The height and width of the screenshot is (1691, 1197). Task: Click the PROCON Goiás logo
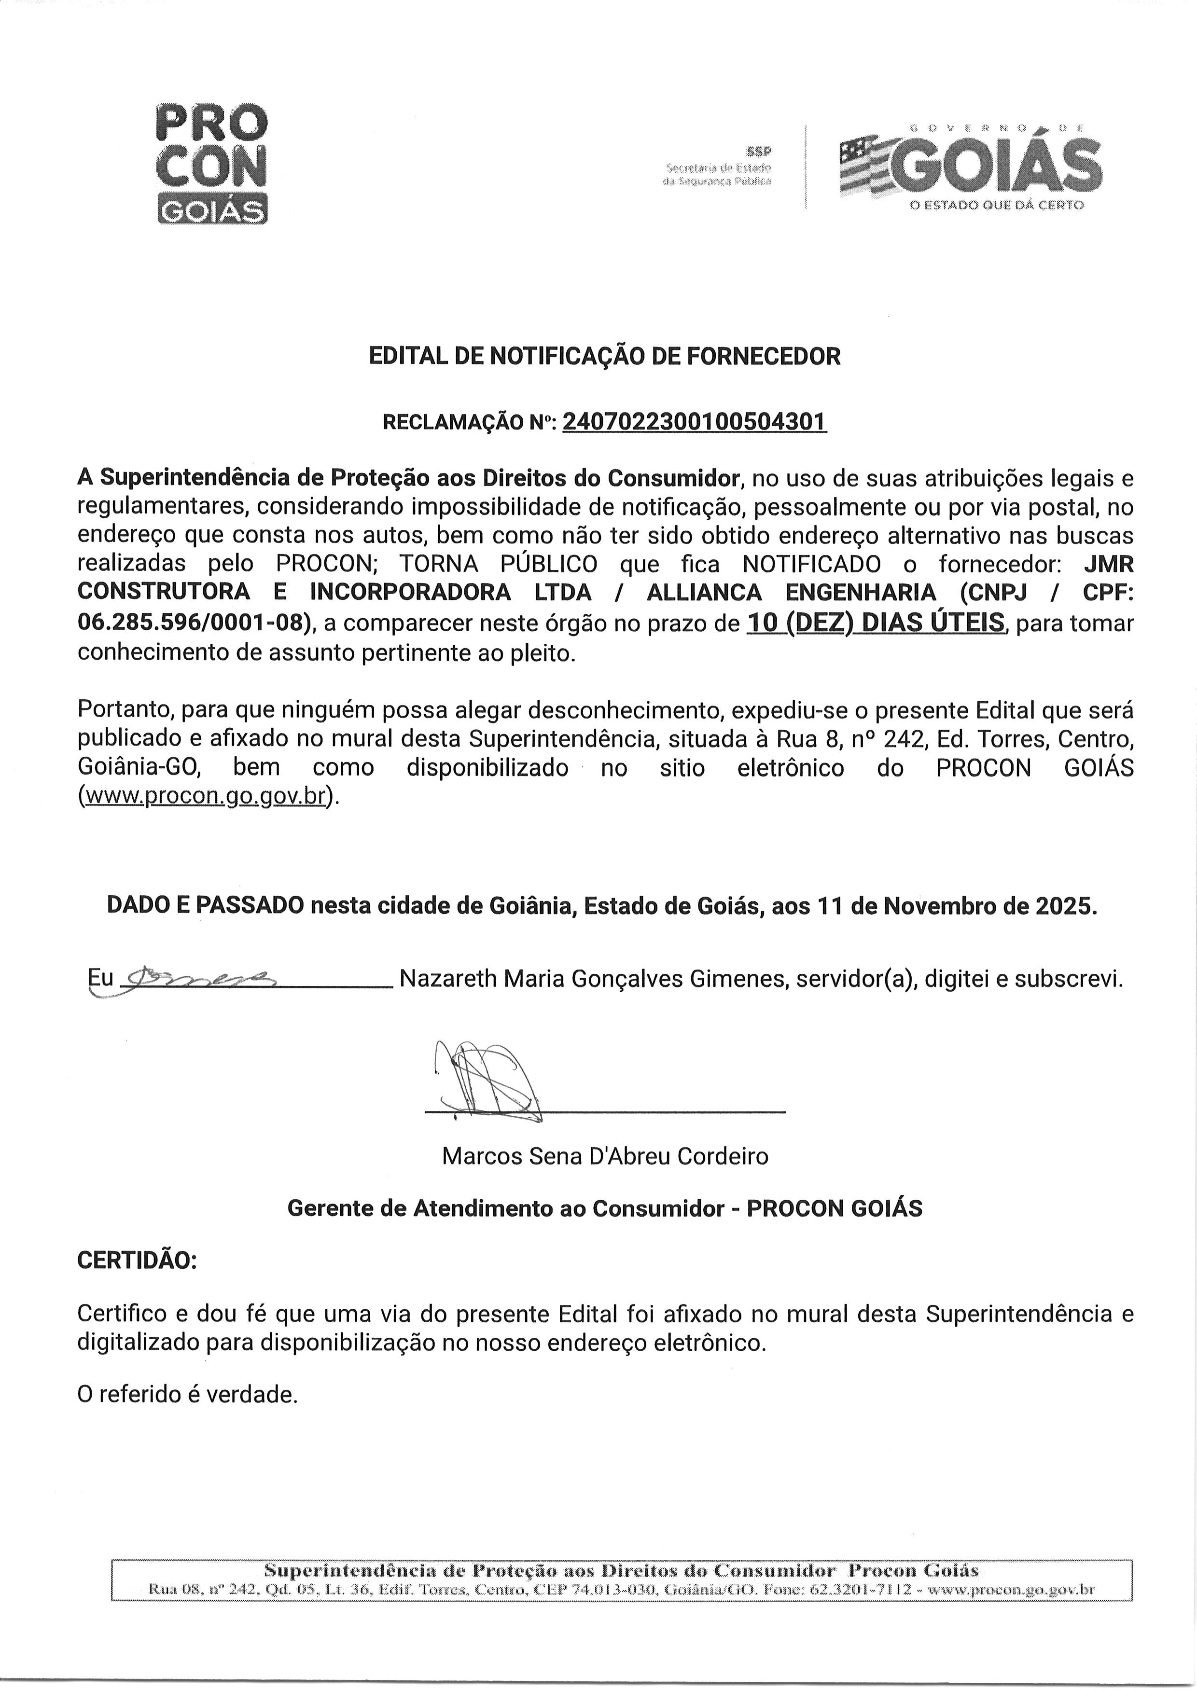[212, 164]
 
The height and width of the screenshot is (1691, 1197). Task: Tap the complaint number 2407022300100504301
[695, 422]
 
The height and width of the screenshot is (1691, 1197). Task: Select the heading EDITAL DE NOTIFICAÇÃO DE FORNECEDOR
[604, 357]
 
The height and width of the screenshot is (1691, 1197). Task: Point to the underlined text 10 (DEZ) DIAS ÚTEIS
[876, 623]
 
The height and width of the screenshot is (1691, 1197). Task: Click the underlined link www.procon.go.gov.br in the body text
[206, 796]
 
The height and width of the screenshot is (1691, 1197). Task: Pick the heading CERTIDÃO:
[137, 1260]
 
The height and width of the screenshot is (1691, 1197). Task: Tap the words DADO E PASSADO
[205, 905]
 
